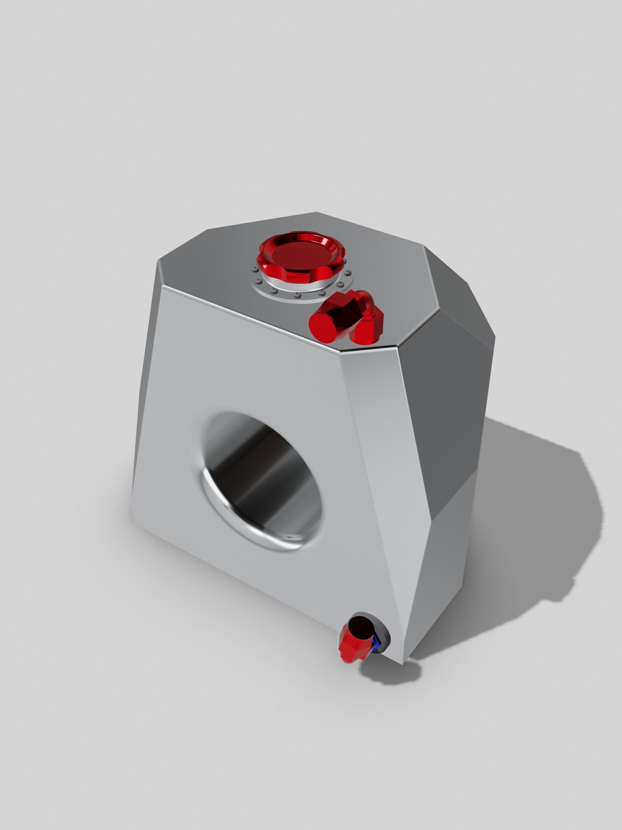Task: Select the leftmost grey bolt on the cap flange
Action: [x=255, y=269]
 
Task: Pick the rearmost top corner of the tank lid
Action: [x=316, y=212]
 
